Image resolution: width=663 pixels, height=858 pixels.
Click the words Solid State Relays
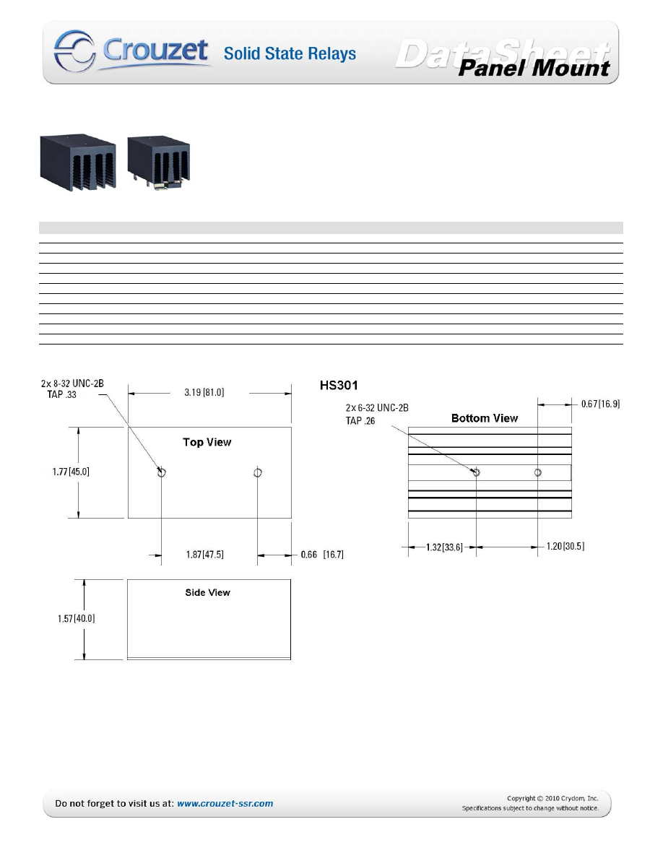click(290, 53)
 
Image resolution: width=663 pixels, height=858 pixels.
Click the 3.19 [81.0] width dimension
click(209, 394)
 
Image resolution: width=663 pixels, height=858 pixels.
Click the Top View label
click(207, 442)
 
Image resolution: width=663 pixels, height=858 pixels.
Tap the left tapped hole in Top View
click(162, 472)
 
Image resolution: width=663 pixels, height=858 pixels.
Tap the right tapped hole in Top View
click(258, 472)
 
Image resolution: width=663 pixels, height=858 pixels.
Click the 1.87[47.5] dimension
click(204, 555)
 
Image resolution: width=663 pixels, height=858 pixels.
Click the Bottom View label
click(485, 418)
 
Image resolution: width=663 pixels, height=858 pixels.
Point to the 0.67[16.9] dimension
click(600, 404)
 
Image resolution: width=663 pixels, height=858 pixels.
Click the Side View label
click(208, 592)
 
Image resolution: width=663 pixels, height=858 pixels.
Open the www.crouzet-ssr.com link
click(225, 803)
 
